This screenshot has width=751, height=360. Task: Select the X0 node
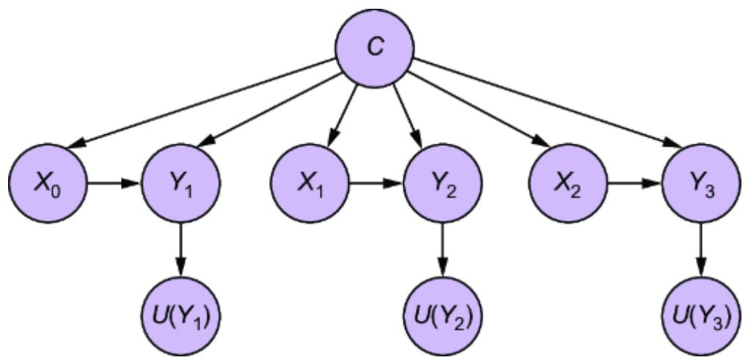tap(47, 180)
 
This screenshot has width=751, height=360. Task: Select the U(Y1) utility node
tap(181, 316)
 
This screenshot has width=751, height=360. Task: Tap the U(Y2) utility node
tap(442, 316)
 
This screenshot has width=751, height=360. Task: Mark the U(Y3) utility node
tap(702, 316)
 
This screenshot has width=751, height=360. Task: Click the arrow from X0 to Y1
tap(114, 180)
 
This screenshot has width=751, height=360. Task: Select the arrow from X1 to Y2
tap(376, 180)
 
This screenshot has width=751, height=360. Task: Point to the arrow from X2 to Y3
tap(636, 180)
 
